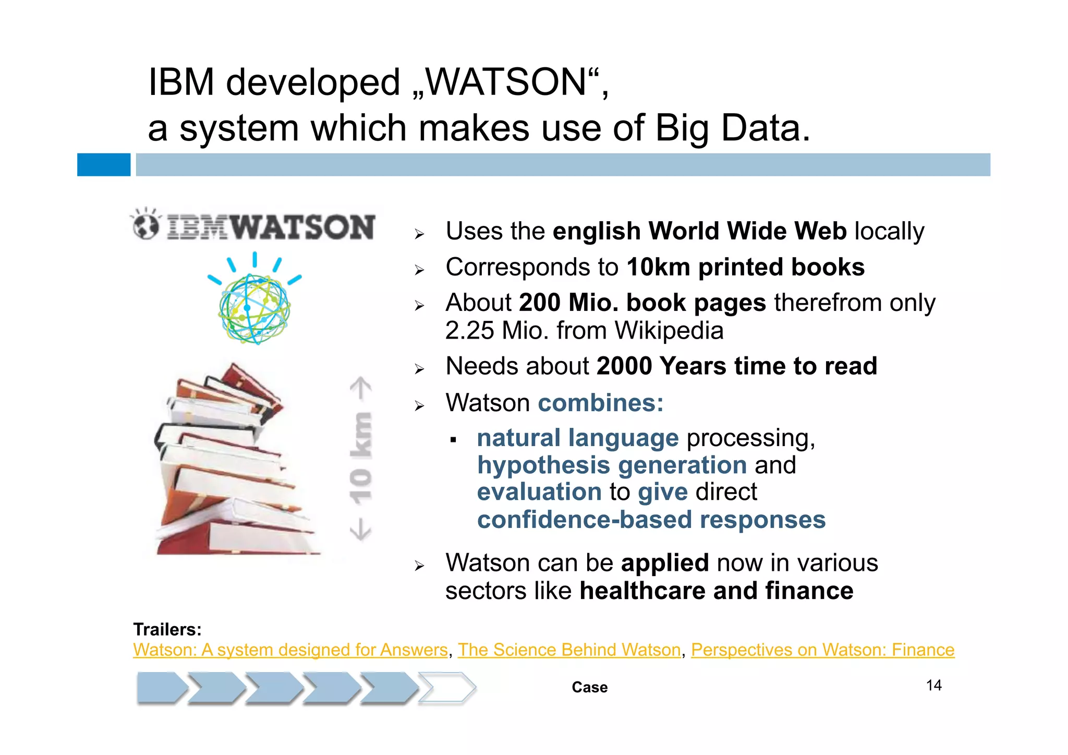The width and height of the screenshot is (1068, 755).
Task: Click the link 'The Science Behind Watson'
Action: click(569, 650)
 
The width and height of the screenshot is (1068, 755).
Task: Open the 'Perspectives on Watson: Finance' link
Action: click(822, 650)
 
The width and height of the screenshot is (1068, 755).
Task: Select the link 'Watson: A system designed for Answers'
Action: click(290, 650)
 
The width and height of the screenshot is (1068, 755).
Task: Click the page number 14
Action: click(933, 686)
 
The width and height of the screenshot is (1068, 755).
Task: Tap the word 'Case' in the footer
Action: click(589, 687)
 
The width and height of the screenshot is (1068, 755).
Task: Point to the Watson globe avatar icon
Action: click(254, 308)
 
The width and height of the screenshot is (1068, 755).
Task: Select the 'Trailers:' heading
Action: click(167, 629)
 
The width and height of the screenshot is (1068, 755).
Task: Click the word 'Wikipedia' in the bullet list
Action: click(669, 331)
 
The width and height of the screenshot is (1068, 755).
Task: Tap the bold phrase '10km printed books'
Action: click(746, 267)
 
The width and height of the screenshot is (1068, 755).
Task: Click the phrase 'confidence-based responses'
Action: click(651, 520)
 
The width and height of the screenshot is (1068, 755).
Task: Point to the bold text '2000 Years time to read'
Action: click(737, 366)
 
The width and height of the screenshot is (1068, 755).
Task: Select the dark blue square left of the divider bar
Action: click(104, 165)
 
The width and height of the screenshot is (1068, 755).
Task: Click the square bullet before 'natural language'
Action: click(453, 440)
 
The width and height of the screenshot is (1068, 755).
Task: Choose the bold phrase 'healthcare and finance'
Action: click(717, 591)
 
